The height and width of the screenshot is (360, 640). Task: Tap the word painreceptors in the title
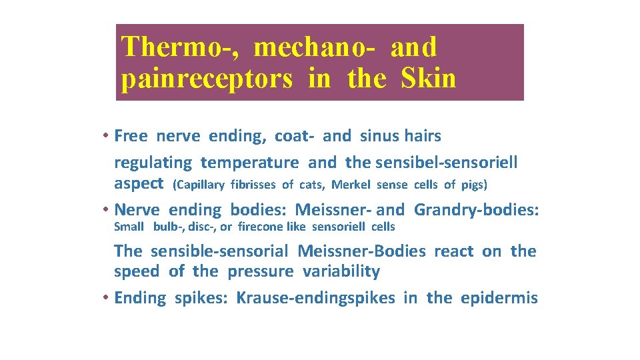(207, 79)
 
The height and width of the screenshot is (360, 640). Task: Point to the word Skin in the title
(429, 79)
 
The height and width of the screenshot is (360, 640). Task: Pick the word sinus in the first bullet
(379, 136)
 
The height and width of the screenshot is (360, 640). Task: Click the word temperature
(250, 162)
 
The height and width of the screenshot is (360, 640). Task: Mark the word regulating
(153, 162)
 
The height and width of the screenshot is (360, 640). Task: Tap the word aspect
(139, 183)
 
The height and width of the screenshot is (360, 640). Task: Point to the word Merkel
(351, 185)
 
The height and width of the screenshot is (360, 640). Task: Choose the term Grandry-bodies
(476, 210)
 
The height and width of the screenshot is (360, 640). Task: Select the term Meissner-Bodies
(361, 251)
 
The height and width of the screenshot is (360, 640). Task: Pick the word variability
(341, 271)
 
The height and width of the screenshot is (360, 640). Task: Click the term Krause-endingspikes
(315, 298)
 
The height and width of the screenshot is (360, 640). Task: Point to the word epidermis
(499, 298)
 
